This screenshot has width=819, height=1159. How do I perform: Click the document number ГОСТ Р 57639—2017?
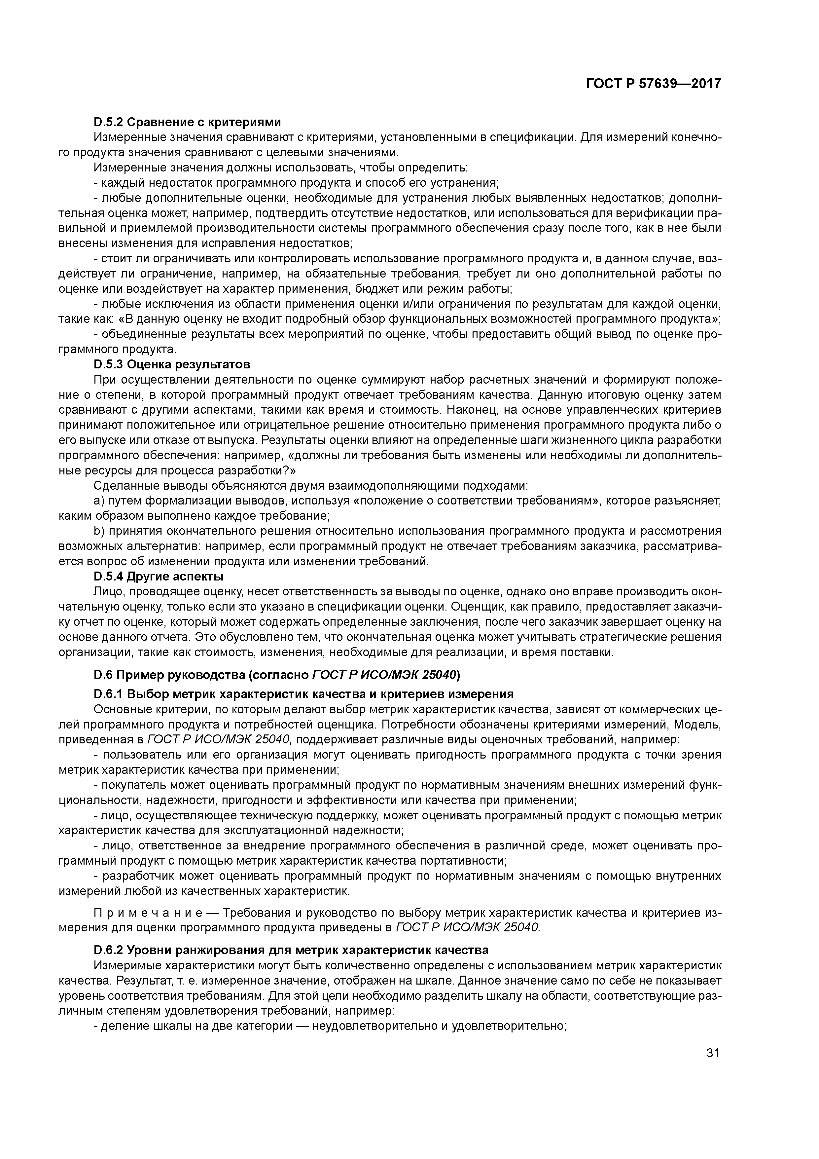pos(653,84)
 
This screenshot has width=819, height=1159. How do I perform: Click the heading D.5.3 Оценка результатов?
pos(172,364)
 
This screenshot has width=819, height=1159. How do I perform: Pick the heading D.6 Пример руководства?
pos(276,674)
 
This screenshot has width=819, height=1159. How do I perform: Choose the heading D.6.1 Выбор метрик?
pos(303,694)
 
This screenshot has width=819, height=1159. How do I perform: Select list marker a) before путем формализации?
pos(98,501)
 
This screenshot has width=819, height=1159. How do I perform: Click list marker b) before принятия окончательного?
pos(98,531)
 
